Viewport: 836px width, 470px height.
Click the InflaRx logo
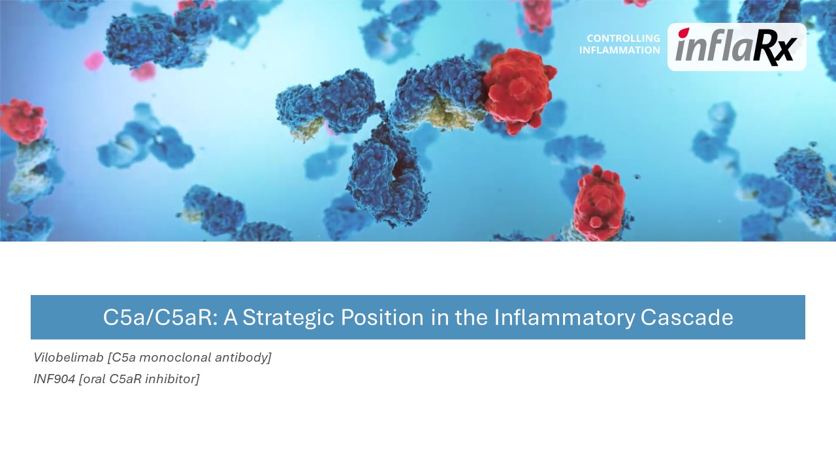[x=736, y=47]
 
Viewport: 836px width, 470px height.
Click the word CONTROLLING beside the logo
[x=623, y=38]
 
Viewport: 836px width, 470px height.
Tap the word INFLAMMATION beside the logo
[x=620, y=50]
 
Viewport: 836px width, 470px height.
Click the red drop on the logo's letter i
[x=684, y=33]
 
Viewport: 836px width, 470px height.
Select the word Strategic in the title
[x=288, y=317]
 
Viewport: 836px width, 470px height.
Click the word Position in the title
[x=382, y=317]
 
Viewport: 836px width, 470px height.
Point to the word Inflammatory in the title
[x=564, y=317]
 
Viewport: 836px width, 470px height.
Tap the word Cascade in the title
[x=687, y=317]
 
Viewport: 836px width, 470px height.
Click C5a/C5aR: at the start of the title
[x=160, y=317]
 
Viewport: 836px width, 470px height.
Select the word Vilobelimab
[x=69, y=357]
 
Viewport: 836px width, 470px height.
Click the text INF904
[x=54, y=379]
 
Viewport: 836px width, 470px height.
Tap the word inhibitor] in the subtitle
[x=172, y=379]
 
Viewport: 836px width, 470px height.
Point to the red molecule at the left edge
[x=22, y=121]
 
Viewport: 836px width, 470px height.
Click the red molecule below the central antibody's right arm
[x=600, y=202]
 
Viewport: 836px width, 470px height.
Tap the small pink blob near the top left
[x=93, y=61]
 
